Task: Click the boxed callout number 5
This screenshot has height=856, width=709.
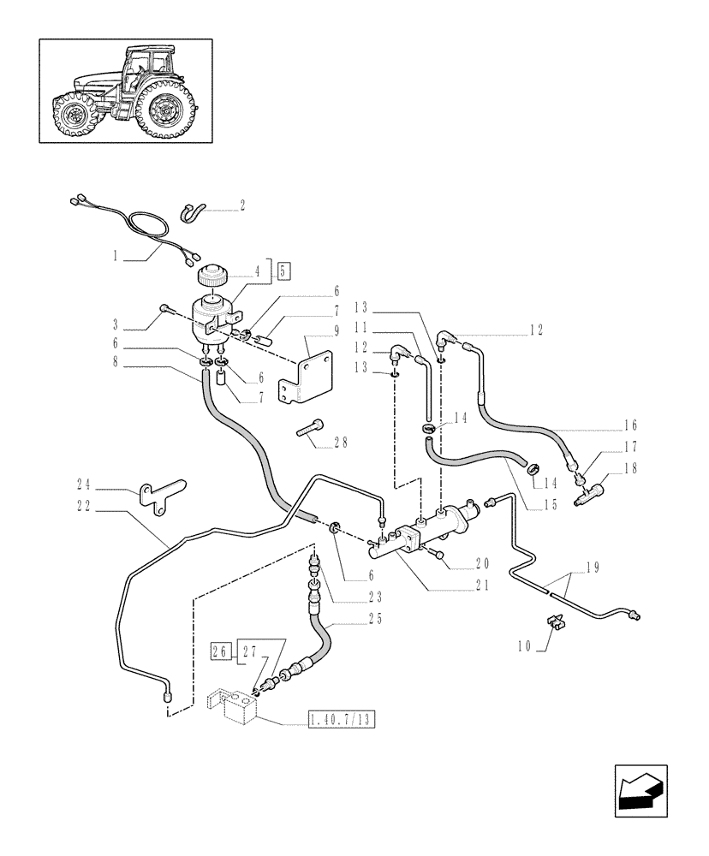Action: pos(284,271)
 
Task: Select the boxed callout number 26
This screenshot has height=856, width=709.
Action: pos(221,651)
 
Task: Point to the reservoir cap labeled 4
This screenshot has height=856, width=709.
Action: pos(209,277)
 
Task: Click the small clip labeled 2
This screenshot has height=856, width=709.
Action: pos(194,213)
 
